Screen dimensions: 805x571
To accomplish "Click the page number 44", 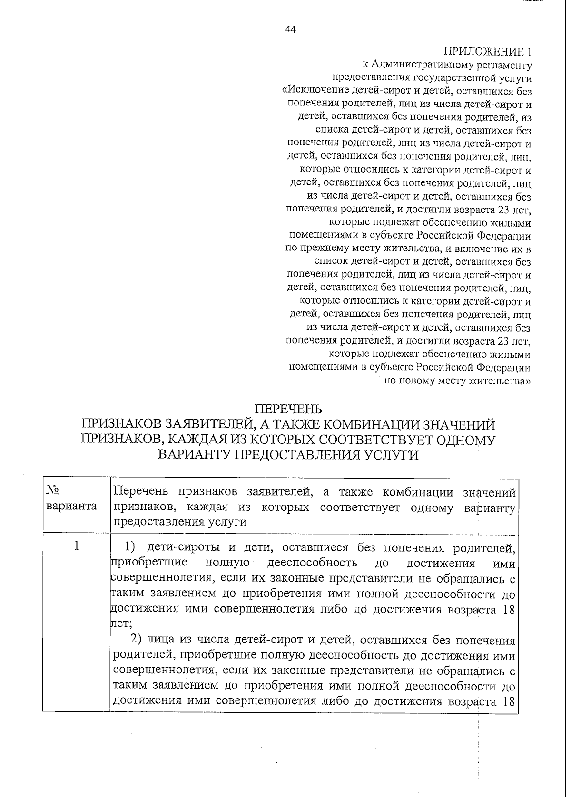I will [x=290, y=29].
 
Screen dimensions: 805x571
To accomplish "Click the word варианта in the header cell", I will [x=71, y=506].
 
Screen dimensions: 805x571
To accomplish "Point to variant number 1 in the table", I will [x=77, y=546].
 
